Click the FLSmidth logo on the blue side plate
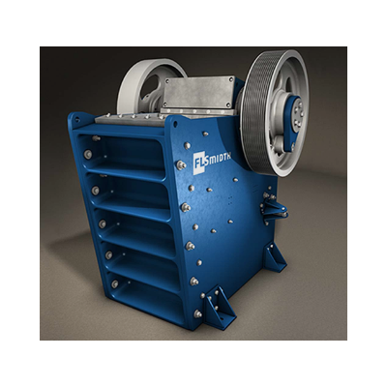pyautogui.click(x=213, y=160)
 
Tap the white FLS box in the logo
pyautogui.click(x=200, y=161)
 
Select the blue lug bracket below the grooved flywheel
pyautogui.click(x=274, y=205)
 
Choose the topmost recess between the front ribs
pyautogui.click(x=131, y=155)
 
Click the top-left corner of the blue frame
pyautogui.click(x=74, y=117)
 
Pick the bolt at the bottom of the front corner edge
pyautogui.click(x=197, y=313)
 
